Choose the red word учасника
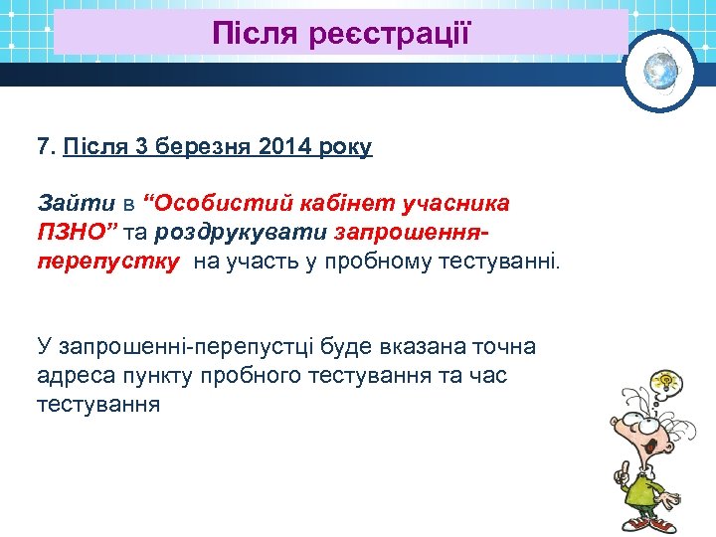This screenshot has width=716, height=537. click(x=454, y=204)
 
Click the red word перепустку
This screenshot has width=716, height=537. click(x=108, y=262)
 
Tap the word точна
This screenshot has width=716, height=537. click(x=499, y=347)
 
